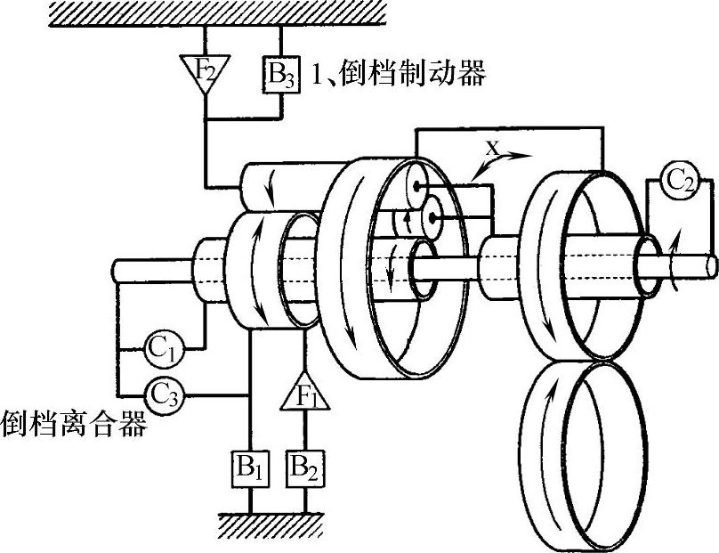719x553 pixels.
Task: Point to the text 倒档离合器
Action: (73, 421)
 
